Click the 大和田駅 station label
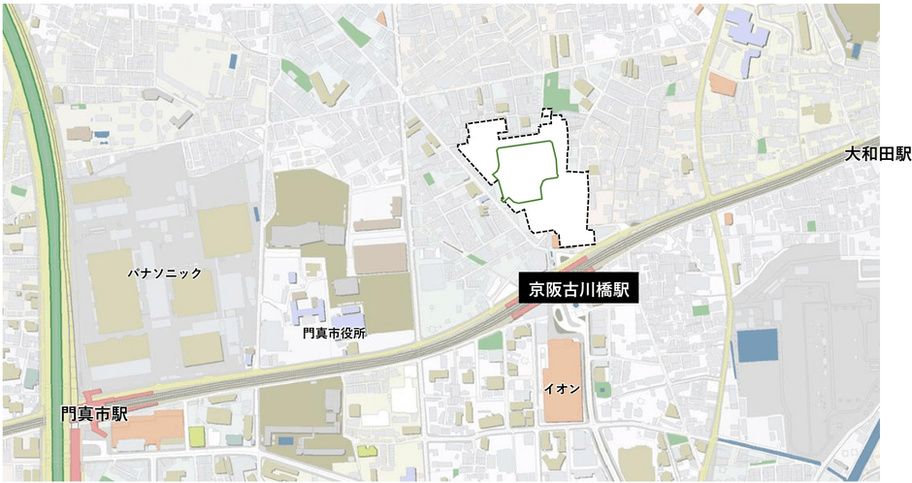[877, 154]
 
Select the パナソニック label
[163, 274]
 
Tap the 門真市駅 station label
[93, 414]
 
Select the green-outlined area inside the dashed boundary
[527, 172]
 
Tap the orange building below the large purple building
[722, 83]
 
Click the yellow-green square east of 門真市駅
[197, 435]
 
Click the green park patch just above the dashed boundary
[554, 86]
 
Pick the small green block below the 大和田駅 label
[811, 226]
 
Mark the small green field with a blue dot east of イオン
[603, 388]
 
